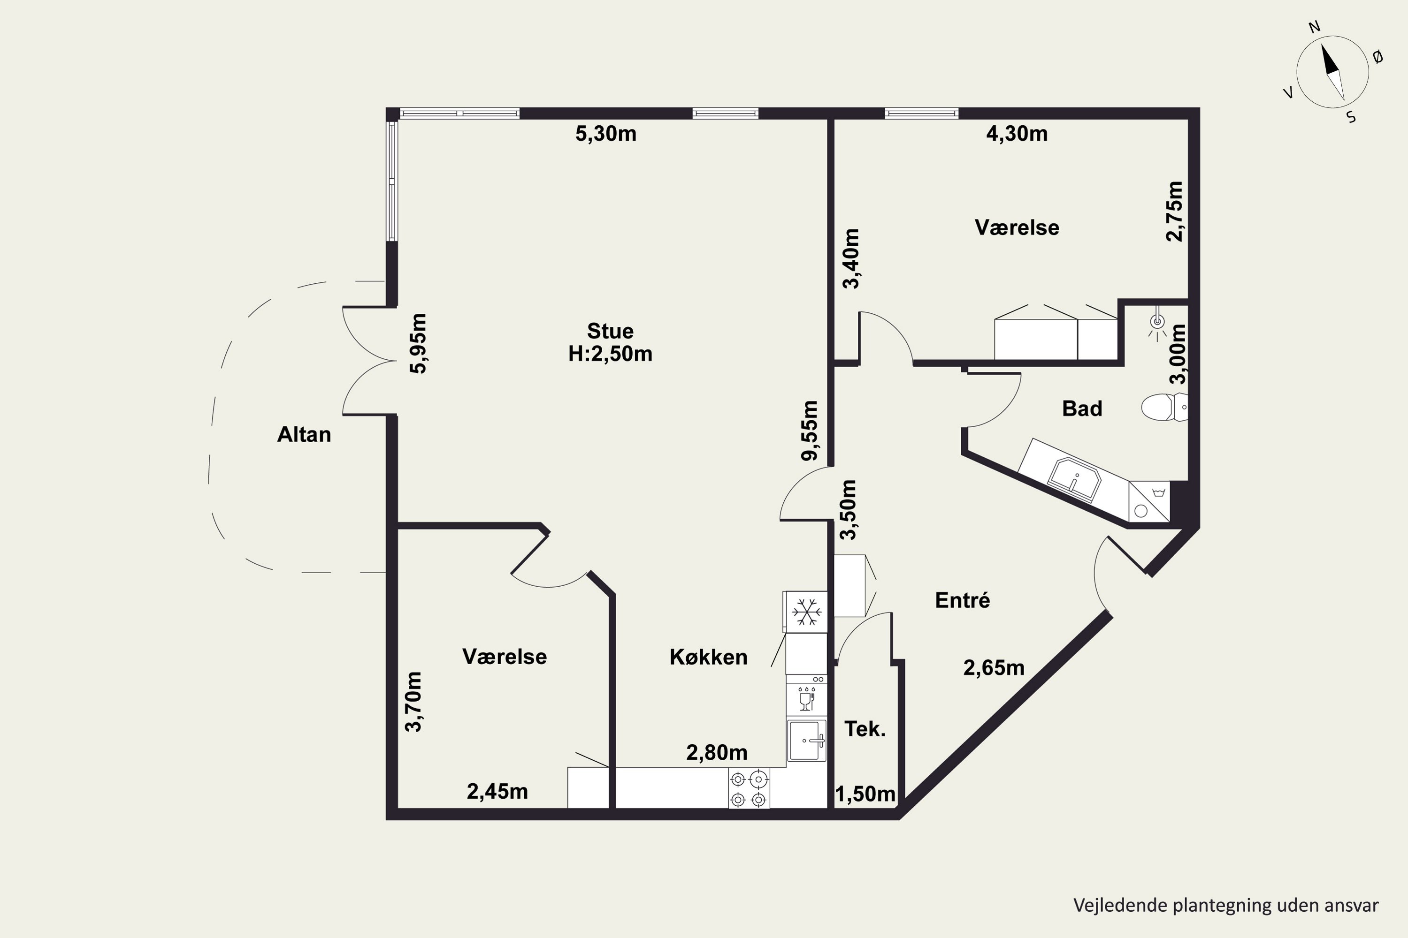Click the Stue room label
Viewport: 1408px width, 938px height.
(x=610, y=331)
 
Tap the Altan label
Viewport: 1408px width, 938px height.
(x=304, y=434)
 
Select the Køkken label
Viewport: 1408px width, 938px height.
(x=708, y=657)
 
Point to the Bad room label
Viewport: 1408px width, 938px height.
(x=1082, y=408)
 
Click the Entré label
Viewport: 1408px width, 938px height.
(x=963, y=599)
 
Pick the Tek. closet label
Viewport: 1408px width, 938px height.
(x=865, y=729)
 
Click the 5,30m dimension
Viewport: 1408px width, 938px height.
(x=606, y=133)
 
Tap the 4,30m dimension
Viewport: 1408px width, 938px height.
(x=1017, y=133)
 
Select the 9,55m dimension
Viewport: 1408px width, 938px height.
(x=809, y=431)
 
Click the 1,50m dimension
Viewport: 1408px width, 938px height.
(x=865, y=794)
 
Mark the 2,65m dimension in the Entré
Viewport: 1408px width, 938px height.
(x=994, y=667)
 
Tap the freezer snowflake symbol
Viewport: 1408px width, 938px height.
(x=806, y=612)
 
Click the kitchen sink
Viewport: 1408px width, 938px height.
(x=807, y=740)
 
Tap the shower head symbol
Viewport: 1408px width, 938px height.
(x=1157, y=323)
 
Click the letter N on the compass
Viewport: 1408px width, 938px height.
(x=1315, y=27)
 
